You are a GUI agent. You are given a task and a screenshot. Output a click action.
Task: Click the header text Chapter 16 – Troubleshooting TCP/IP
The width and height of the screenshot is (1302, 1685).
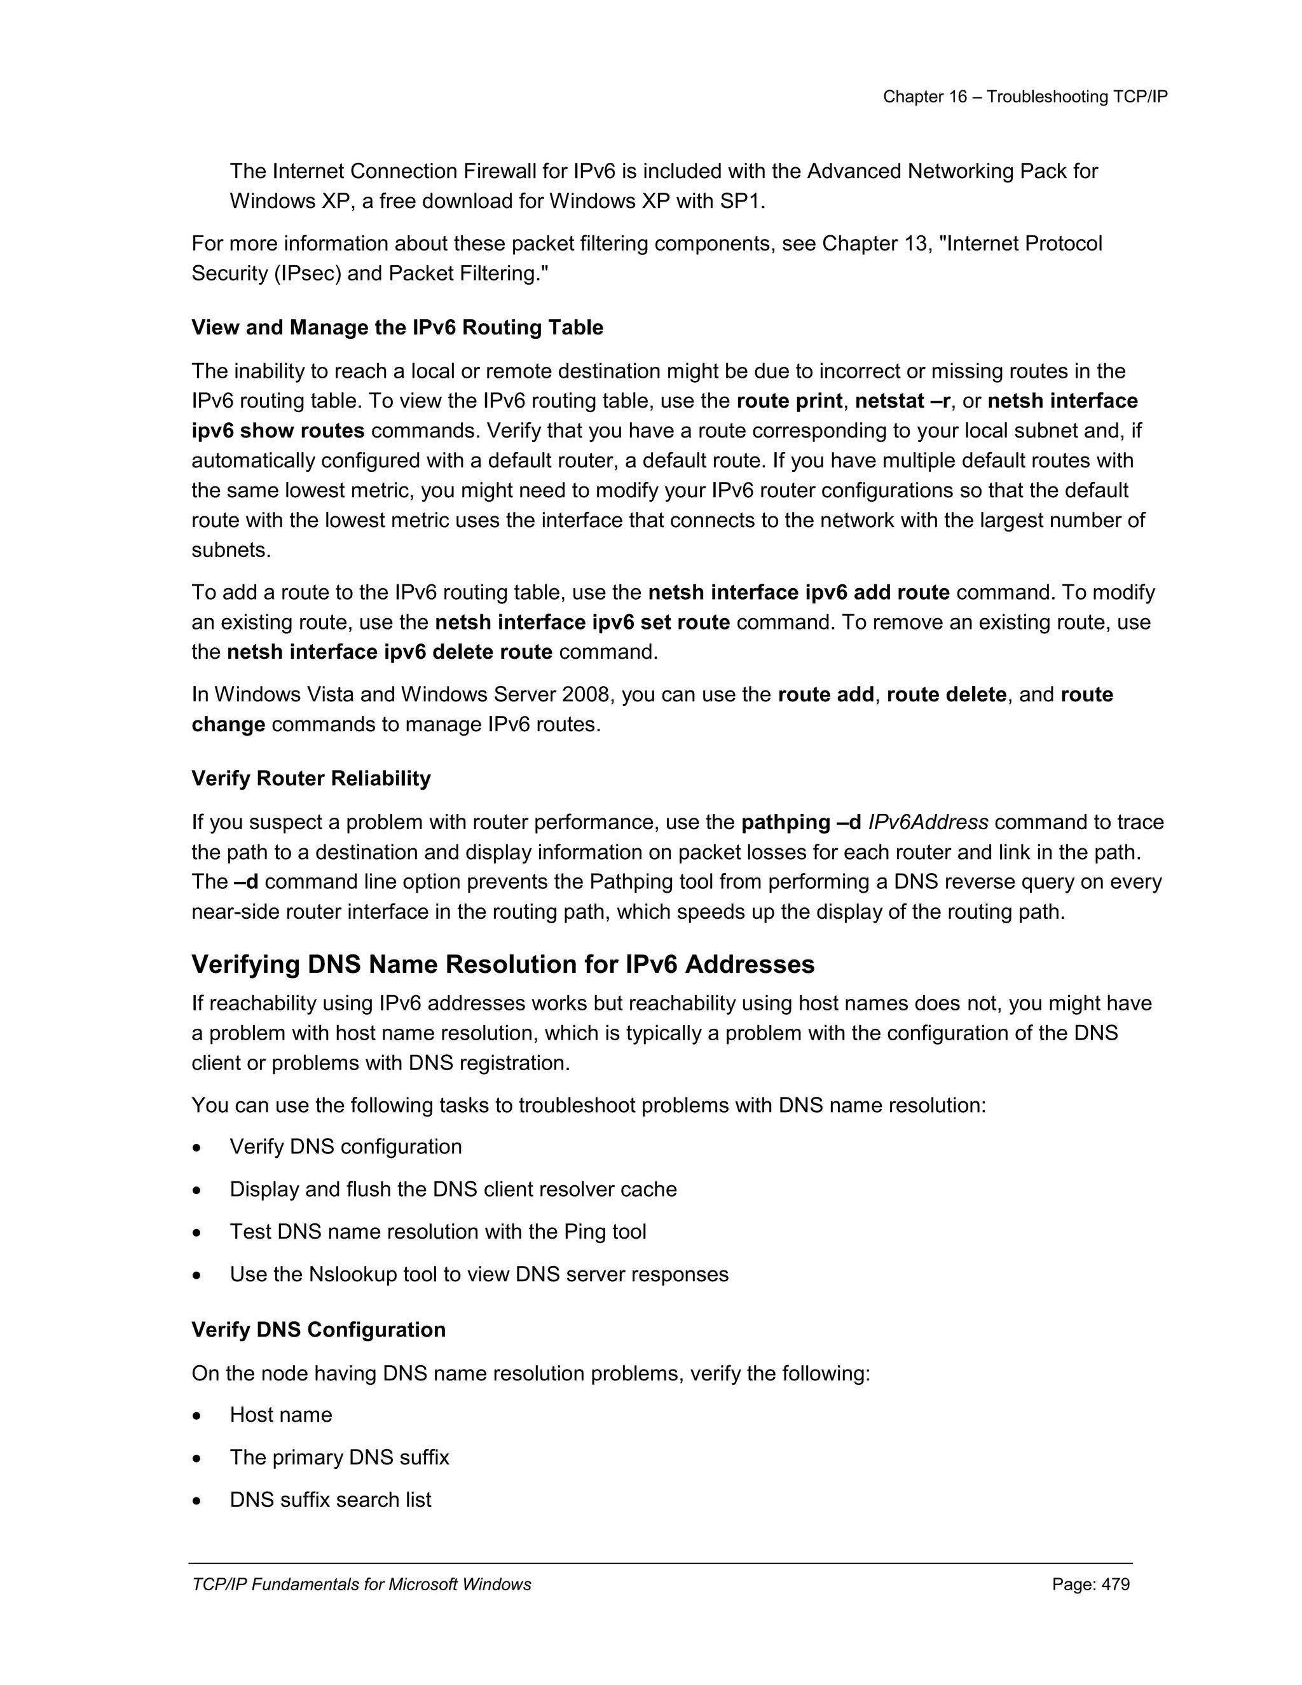point(1025,97)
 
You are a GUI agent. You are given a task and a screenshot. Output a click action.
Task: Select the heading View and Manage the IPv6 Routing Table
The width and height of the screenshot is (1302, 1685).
point(397,328)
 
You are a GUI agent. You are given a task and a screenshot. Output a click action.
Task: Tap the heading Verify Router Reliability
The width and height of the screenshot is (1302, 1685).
point(311,778)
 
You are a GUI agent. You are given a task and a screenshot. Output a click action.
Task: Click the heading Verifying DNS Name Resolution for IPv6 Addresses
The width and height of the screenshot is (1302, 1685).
point(503,965)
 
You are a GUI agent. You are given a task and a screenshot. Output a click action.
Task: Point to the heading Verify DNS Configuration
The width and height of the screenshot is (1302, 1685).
point(319,1330)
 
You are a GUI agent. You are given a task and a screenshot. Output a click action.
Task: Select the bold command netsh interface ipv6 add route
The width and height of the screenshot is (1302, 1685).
point(798,593)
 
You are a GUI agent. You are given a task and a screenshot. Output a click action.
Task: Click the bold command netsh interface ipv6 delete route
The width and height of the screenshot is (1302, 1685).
point(390,653)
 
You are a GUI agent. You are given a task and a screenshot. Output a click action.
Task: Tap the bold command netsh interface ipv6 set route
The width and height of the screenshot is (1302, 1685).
point(582,622)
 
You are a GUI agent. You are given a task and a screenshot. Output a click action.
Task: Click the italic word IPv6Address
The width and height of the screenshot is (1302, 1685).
point(928,822)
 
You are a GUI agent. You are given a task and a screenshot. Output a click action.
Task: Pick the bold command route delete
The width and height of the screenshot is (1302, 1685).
point(947,695)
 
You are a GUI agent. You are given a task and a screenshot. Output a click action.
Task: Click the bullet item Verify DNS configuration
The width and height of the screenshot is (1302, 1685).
point(346,1147)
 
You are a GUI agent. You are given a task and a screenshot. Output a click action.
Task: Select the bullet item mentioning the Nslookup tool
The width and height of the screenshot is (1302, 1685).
point(479,1274)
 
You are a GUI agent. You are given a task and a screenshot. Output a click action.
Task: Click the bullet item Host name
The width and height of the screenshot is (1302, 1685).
point(281,1415)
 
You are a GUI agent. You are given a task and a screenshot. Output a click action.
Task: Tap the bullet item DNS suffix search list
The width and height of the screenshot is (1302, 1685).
point(330,1500)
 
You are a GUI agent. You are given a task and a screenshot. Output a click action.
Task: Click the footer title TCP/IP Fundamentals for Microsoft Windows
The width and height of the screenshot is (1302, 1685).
point(361,1585)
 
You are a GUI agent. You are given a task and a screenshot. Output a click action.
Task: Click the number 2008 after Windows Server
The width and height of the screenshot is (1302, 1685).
point(586,695)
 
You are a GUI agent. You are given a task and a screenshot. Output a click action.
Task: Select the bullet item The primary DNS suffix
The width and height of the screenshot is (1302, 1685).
point(339,1457)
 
